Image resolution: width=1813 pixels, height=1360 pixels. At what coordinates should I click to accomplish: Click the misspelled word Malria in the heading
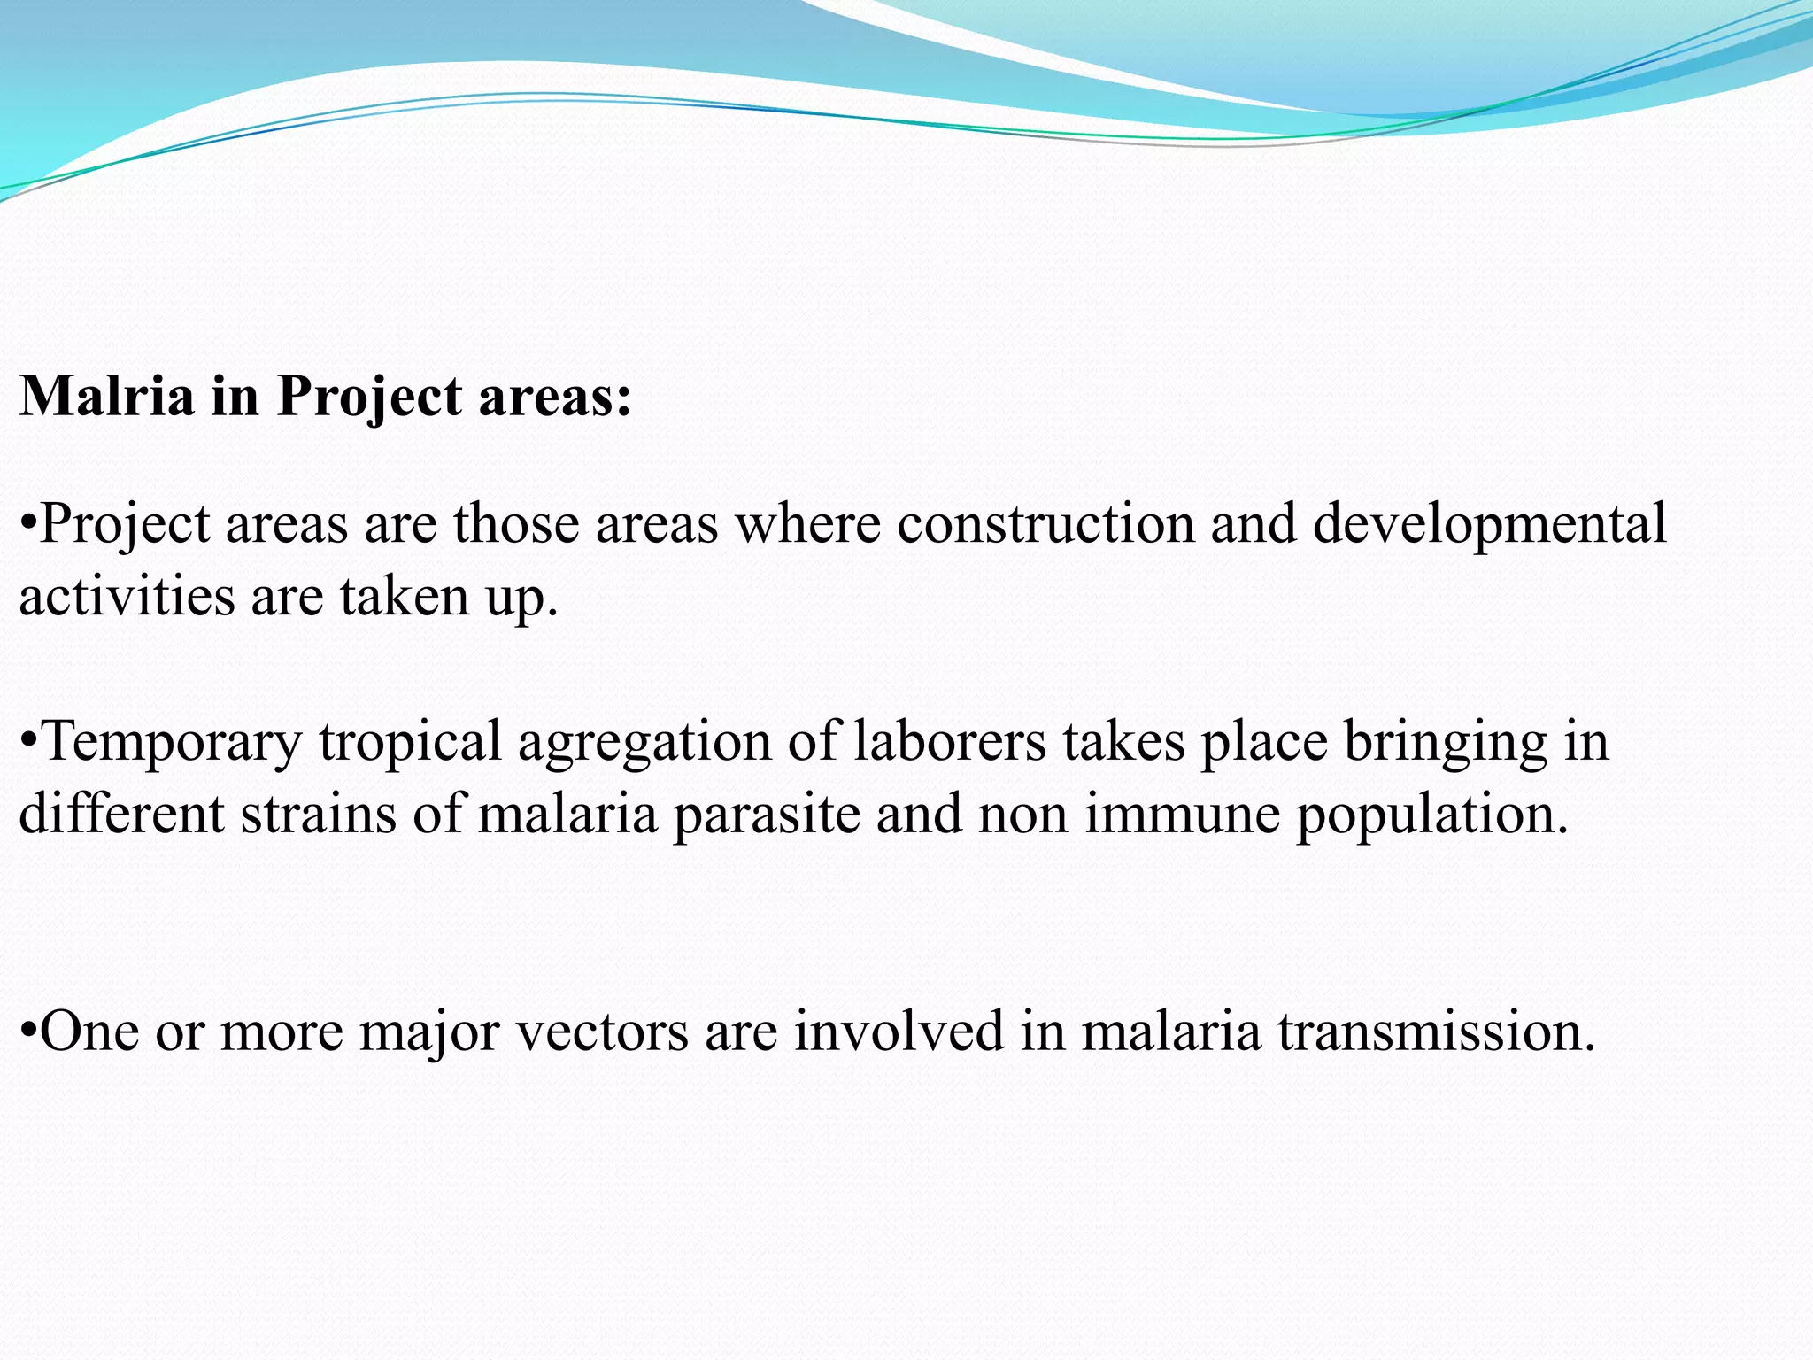106,395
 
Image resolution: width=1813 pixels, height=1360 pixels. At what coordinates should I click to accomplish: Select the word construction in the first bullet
1045,523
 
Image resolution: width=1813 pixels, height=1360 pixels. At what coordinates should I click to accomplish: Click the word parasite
767,815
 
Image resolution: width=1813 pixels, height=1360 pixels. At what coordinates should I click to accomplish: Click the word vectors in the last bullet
602,1032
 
